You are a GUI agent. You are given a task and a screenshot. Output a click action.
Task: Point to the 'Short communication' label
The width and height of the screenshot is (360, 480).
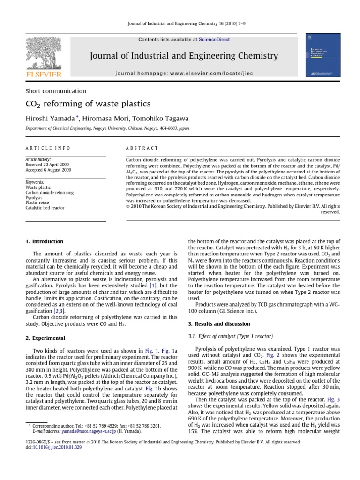click(x=55, y=91)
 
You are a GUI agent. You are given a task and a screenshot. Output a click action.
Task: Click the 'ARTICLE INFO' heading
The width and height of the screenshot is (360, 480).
click(x=48, y=148)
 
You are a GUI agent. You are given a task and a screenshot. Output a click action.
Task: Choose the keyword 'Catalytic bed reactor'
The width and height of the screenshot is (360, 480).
click(x=45, y=208)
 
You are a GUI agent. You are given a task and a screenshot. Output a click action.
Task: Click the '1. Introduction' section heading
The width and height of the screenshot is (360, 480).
click(x=44, y=241)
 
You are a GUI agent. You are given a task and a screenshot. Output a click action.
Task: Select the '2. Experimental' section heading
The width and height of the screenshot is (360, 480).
click(x=45, y=338)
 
